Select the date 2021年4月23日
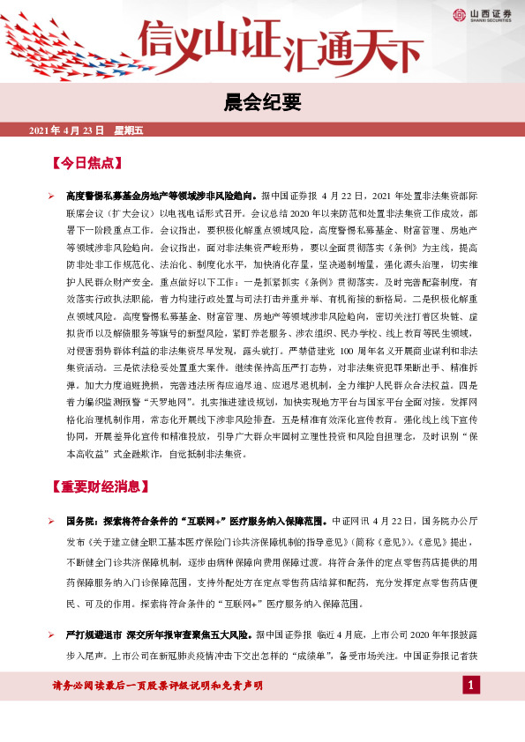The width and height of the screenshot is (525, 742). (x=67, y=130)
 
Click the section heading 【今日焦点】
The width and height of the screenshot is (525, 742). (x=86, y=164)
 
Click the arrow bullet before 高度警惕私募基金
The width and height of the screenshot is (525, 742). (x=51, y=196)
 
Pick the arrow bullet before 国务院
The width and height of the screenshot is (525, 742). (x=51, y=521)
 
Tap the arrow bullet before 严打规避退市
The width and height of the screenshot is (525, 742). (x=51, y=634)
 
